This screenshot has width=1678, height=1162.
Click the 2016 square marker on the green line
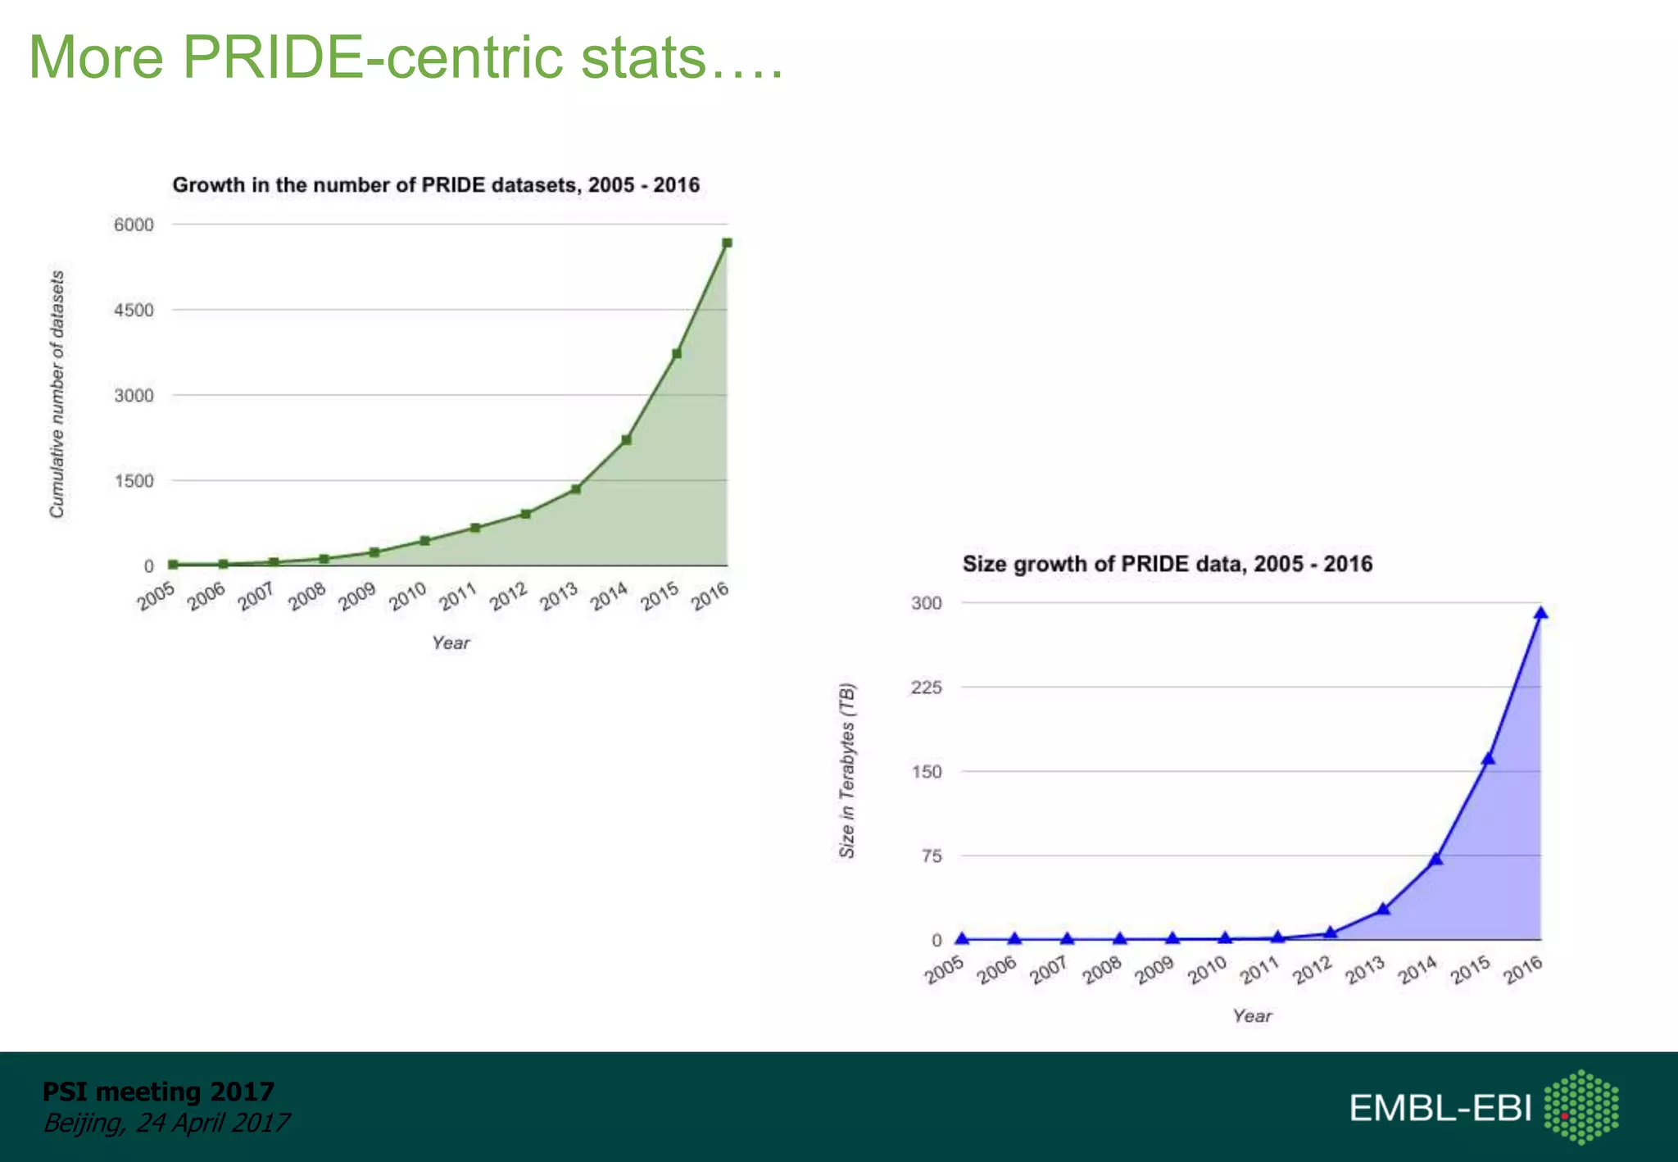tap(727, 243)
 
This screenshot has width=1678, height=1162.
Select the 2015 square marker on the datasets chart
tap(677, 354)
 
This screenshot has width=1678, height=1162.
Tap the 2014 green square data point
tap(626, 440)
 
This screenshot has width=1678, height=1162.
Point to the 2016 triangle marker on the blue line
tap(1540, 614)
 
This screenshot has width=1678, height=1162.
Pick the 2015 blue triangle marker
tap(1488, 759)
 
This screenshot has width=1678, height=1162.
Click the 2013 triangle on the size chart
tap(1383, 910)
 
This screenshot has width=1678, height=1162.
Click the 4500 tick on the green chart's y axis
tap(134, 310)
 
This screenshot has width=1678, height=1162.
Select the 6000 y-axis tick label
tap(134, 225)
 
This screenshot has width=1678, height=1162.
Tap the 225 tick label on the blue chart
tap(926, 687)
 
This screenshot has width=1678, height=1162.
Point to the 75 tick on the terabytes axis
tap(932, 856)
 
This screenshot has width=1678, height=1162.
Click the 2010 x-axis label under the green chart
tap(407, 597)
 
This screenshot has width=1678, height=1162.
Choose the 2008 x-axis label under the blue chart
tap(1101, 970)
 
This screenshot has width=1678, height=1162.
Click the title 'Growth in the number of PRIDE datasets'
tap(436, 185)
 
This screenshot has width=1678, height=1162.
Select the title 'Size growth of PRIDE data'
tap(1167, 564)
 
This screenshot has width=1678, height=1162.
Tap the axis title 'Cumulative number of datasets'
tap(57, 394)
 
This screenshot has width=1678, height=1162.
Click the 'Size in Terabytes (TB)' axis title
tap(846, 770)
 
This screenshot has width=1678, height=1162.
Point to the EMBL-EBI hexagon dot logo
tap(1580, 1107)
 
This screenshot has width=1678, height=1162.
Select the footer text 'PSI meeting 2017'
tap(158, 1092)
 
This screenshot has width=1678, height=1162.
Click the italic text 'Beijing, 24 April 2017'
tap(166, 1122)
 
